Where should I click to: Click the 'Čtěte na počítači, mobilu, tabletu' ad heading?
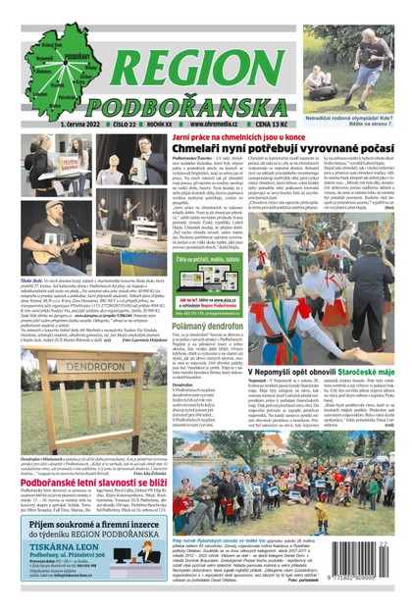point(209,258)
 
